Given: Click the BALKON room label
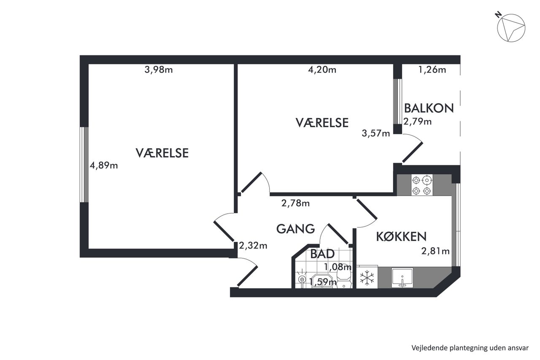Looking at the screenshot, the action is click(429, 108).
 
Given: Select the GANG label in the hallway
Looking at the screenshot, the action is click(296, 229).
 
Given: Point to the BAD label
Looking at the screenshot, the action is click(322, 254).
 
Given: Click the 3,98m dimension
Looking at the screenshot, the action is click(159, 70).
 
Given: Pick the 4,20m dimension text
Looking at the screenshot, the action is click(322, 70).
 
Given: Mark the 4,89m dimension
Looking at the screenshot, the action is click(104, 165).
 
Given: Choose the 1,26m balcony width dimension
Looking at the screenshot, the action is click(432, 70).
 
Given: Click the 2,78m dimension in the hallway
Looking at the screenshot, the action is click(296, 203).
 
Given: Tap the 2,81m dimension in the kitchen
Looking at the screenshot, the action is click(435, 251).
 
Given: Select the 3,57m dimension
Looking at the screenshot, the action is click(376, 133).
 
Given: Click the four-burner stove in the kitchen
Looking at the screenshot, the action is click(421, 185).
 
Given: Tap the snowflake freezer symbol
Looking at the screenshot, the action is click(367, 277).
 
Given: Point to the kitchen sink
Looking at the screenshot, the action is click(402, 278).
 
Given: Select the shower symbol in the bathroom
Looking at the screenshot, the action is click(302, 280).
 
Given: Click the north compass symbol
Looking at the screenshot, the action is click(511, 28).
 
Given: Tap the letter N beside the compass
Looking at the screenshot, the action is click(498, 14).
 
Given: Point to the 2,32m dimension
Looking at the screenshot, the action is click(253, 246).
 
